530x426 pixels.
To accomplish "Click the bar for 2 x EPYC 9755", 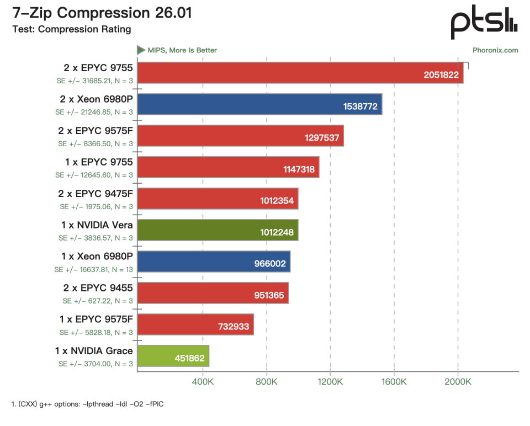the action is pyautogui.click(x=300, y=73).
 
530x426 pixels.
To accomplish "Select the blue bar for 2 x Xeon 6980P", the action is pyautogui.click(x=259, y=104).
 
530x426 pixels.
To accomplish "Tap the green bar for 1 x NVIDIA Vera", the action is pyautogui.click(x=218, y=230).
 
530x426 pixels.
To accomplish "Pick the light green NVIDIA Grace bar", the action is pyautogui.click(x=173, y=356).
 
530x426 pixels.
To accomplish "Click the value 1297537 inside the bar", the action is pyautogui.click(x=322, y=138).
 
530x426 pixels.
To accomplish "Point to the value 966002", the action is pyautogui.click(x=270, y=264).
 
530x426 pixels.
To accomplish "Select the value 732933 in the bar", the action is pyautogui.click(x=234, y=327).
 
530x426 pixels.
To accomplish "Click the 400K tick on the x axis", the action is pyautogui.click(x=203, y=382).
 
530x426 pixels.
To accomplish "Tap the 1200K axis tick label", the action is pyautogui.click(x=330, y=382).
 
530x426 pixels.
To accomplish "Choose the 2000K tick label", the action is pyautogui.click(x=458, y=382).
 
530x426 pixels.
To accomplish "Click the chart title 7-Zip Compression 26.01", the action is pyautogui.click(x=102, y=13).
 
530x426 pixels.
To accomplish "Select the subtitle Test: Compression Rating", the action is pyautogui.click(x=72, y=29).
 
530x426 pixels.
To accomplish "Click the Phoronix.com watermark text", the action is pyautogui.click(x=495, y=50).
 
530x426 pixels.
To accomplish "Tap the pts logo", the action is pyautogui.click(x=484, y=22).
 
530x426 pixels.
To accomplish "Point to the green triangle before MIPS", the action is pyautogui.click(x=141, y=50).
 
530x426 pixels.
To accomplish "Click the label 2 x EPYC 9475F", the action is pyautogui.click(x=96, y=194).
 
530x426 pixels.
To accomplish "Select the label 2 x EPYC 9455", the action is pyautogui.click(x=98, y=288).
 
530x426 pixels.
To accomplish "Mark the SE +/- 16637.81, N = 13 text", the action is pyautogui.click(x=94, y=270).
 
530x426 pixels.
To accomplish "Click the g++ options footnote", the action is pyautogui.click(x=88, y=404).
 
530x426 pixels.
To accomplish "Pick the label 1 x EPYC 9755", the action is pyautogui.click(x=99, y=162).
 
